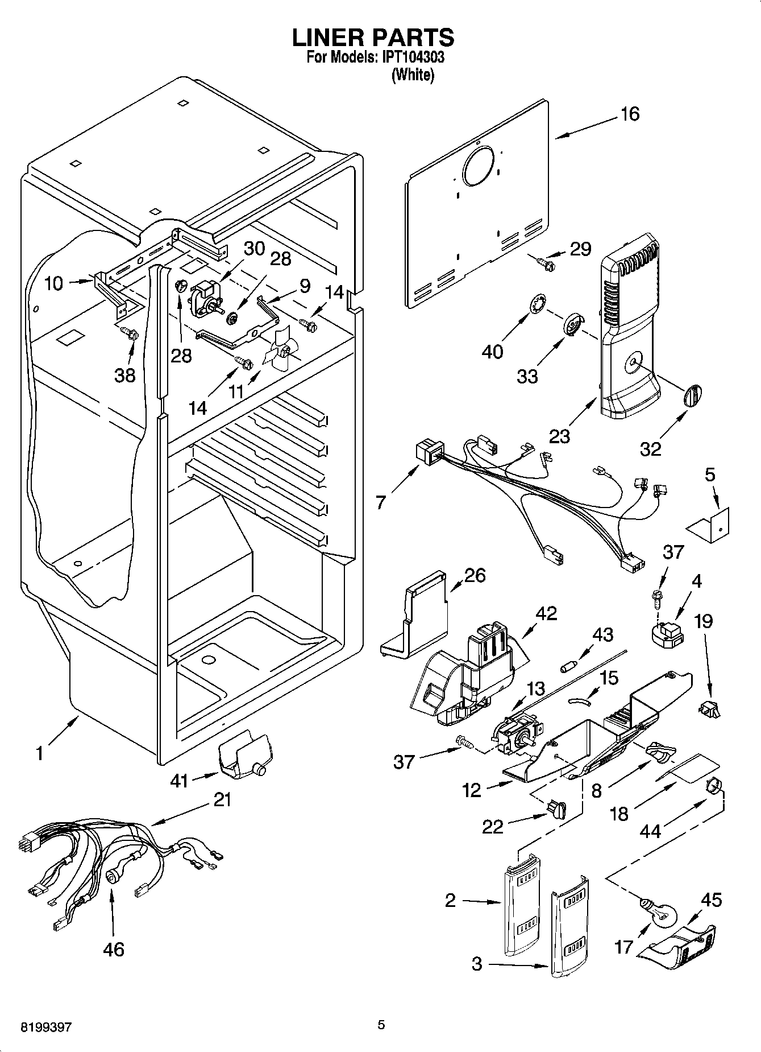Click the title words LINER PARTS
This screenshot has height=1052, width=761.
click(373, 38)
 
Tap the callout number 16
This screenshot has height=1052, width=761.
click(630, 114)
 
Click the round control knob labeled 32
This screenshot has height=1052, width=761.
click(692, 395)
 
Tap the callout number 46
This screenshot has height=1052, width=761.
click(114, 949)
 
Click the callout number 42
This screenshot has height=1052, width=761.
click(546, 613)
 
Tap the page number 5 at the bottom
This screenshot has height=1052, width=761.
click(381, 1025)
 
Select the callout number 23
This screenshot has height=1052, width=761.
click(560, 436)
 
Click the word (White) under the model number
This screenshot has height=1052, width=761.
click(413, 75)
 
